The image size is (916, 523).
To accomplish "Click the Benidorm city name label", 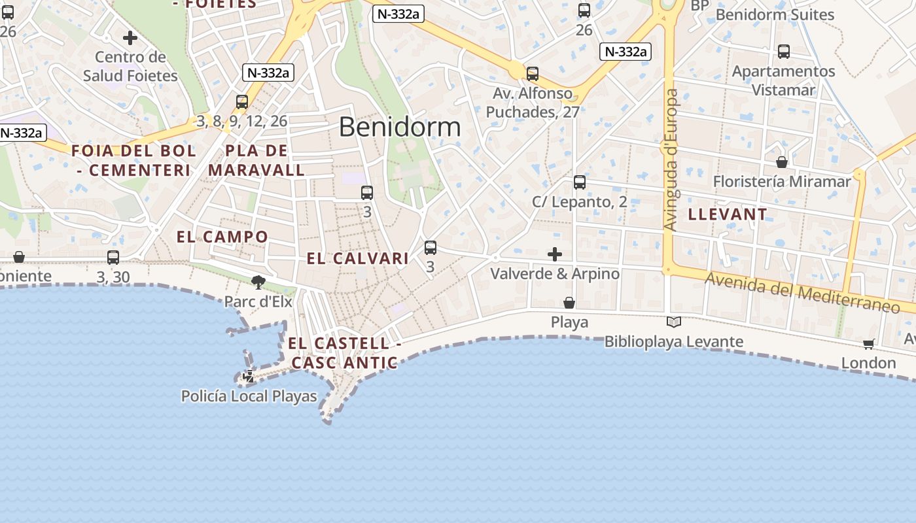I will pos(400,127).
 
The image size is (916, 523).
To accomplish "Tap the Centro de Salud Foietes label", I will pos(130,67).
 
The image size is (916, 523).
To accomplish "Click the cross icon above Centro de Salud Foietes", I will pos(130,38).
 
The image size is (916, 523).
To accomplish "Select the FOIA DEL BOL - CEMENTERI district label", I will pos(133,161).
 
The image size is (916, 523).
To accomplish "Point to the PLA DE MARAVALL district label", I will pos(256,161).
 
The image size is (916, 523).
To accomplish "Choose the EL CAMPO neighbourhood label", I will pos(222,237).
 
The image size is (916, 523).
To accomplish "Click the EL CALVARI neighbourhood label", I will pos(358,258).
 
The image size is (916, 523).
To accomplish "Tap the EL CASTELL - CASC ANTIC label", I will pos(344,353).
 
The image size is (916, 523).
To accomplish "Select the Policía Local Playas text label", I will pos(249,396).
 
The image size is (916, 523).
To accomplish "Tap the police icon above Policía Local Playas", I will pos(249,377).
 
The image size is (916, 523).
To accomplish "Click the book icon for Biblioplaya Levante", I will pos(674,322).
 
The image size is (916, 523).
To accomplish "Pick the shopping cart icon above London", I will pos(868,344).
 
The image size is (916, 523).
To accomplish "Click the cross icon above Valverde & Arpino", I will pos(555,254).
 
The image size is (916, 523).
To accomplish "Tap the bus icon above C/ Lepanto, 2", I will pos(580,182).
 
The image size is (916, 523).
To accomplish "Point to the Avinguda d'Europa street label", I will pos(671,160).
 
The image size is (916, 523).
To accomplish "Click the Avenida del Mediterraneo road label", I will pos(802,292).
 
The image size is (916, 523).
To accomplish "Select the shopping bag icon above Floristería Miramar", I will pos(782,162).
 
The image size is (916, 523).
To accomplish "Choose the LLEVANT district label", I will pos(728,214).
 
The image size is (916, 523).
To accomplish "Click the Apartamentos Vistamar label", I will pos(783,80).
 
